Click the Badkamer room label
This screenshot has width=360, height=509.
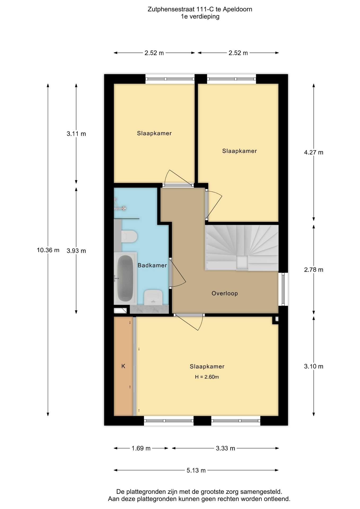click(152, 265)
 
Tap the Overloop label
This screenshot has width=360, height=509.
click(225, 293)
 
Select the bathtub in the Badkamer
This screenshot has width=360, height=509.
click(125, 278)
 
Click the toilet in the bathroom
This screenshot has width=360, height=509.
click(129, 236)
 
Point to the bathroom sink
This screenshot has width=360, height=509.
click(153, 297)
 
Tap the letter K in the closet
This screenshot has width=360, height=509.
click(123, 366)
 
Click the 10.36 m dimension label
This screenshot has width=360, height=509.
click(48, 250)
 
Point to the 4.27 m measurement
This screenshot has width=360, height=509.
click(314, 152)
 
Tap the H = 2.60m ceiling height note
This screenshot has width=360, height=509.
click(207, 377)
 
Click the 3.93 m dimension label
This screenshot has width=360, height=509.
click(76, 251)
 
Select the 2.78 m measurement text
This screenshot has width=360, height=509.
click(314, 270)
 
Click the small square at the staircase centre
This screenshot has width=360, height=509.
click(242, 263)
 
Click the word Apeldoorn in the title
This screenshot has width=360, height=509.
click(238, 9)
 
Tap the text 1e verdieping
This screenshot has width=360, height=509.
click(200, 16)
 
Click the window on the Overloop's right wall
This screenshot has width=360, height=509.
click(283, 289)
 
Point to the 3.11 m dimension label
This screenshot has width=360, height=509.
click(76, 134)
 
